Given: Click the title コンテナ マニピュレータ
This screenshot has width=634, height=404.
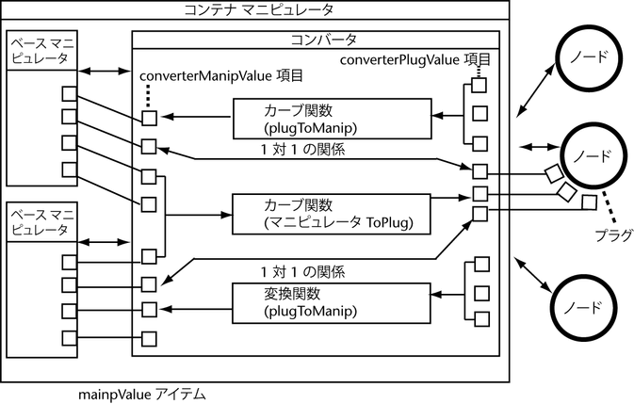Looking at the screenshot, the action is pos(259,9).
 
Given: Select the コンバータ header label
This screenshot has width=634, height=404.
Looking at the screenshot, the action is pos(323,40).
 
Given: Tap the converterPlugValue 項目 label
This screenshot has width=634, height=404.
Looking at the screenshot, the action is pos(415,59).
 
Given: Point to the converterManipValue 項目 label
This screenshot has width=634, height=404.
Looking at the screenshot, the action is pos(221,76).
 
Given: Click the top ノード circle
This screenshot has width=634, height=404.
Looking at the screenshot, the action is pos(588,57).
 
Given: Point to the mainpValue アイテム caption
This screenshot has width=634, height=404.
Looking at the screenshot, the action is pos(142,395).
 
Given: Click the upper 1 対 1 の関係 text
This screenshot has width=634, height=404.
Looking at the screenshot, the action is pos(303,150).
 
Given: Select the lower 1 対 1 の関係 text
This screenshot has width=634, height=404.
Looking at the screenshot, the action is pos(303,272).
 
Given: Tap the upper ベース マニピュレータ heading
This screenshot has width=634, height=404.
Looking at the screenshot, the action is pos(42,51).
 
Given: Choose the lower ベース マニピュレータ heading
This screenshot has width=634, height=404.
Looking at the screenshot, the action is pos(42,222).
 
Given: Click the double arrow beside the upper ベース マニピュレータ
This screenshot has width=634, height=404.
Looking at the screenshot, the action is pos(104,72).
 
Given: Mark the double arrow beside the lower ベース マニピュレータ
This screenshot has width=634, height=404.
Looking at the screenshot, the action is pos(104,242).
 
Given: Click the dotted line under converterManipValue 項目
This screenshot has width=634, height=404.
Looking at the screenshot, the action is pos(148,96).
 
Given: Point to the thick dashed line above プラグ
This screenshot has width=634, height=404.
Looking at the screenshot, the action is pos(609,206).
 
